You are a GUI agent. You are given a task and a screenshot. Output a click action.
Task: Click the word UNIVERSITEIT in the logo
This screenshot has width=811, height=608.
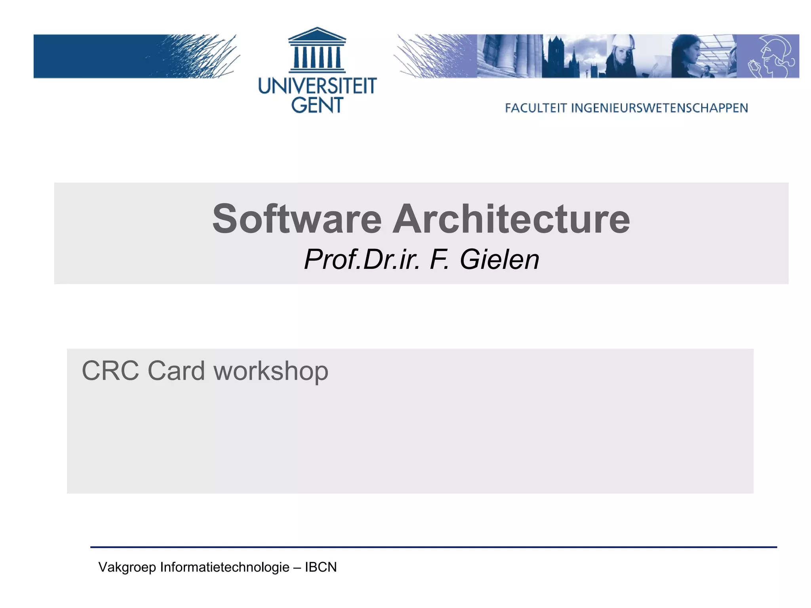click(317, 86)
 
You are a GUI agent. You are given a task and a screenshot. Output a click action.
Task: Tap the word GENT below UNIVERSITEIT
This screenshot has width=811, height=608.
click(317, 105)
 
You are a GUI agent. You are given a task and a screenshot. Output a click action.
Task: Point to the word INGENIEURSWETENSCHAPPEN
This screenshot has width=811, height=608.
click(659, 108)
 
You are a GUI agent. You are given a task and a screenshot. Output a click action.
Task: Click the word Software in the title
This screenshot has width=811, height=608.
click(297, 219)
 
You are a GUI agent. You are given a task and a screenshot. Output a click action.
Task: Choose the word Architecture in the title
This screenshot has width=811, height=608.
click(511, 219)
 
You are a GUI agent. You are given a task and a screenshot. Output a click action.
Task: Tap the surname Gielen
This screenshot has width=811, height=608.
click(499, 260)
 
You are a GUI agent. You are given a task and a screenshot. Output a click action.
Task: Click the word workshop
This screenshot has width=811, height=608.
click(271, 371)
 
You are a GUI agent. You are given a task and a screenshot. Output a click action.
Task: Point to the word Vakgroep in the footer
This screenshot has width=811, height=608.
click(127, 567)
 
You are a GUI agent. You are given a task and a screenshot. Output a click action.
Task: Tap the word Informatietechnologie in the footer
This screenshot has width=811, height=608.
click(225, 567)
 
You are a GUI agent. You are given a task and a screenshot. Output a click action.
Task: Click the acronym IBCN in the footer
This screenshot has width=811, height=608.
click(321, 567)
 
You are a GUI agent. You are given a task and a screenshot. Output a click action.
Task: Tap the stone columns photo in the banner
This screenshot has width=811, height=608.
click(509, 56)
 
